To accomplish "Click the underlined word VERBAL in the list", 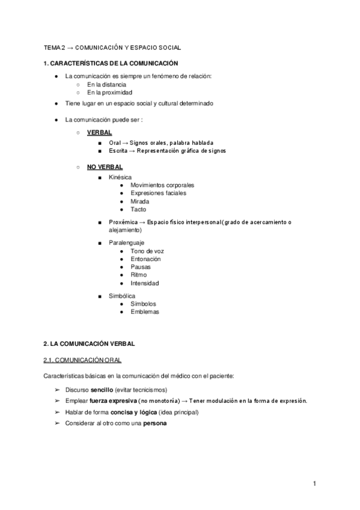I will pos(99,132).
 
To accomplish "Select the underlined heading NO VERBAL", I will pos(105,167).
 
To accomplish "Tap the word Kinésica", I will pos(121,177).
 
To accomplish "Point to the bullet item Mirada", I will pos(139,201).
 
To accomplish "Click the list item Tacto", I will pos(138,210).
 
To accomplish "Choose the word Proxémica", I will pos(124,223).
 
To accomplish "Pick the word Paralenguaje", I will pos(126,243).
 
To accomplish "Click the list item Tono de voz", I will pos(147,251).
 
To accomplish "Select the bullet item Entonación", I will pos(145,259).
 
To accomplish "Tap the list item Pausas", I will pos(140,267).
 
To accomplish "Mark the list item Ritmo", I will pos(139,275).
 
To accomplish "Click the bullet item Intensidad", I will pos(145,283).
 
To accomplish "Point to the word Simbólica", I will pos(122,296).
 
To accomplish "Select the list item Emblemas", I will pos(144,312).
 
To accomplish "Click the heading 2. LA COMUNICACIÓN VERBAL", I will pos(89,343).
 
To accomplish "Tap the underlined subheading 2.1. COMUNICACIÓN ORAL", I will pos(82,360).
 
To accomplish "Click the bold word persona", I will pos(155,423).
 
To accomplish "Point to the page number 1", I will pos(314,484).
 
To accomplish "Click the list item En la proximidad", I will pos(109,93).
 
